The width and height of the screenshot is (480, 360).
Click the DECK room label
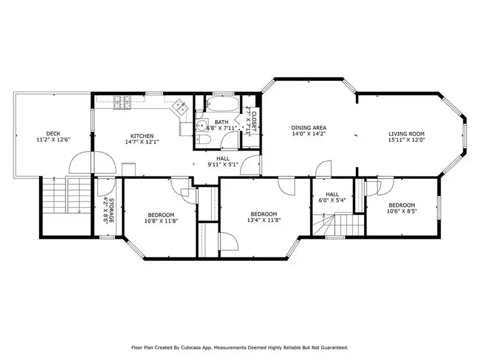coord(53,134)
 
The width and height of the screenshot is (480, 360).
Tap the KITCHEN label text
coord(142,136)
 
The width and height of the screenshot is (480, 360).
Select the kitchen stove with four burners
coord(123,103)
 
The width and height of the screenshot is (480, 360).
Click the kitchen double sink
coord(180,107)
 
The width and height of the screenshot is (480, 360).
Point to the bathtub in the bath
coord(222,104)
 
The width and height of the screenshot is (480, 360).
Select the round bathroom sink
coord(202,125)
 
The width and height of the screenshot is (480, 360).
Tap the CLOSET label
coord(254,122)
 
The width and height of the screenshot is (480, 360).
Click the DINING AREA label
coord(308,128)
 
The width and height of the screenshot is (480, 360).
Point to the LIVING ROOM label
coord(407,134)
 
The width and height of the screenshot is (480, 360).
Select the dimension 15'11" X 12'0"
coord(407,140)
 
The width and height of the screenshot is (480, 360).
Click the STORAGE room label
coord(112,211)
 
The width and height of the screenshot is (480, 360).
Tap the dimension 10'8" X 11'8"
coord(161,220)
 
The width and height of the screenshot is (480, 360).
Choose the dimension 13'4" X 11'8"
coord(264,220)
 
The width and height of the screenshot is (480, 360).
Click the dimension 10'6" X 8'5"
coord(402,211)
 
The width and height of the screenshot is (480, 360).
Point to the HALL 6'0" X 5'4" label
coord(332,197)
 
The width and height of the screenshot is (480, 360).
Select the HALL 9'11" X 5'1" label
coord(223,161)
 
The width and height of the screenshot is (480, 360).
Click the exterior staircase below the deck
coord(67,195)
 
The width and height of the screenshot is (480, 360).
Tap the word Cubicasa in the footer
coord(191,347)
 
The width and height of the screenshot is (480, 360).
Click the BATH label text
coord(221,122)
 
